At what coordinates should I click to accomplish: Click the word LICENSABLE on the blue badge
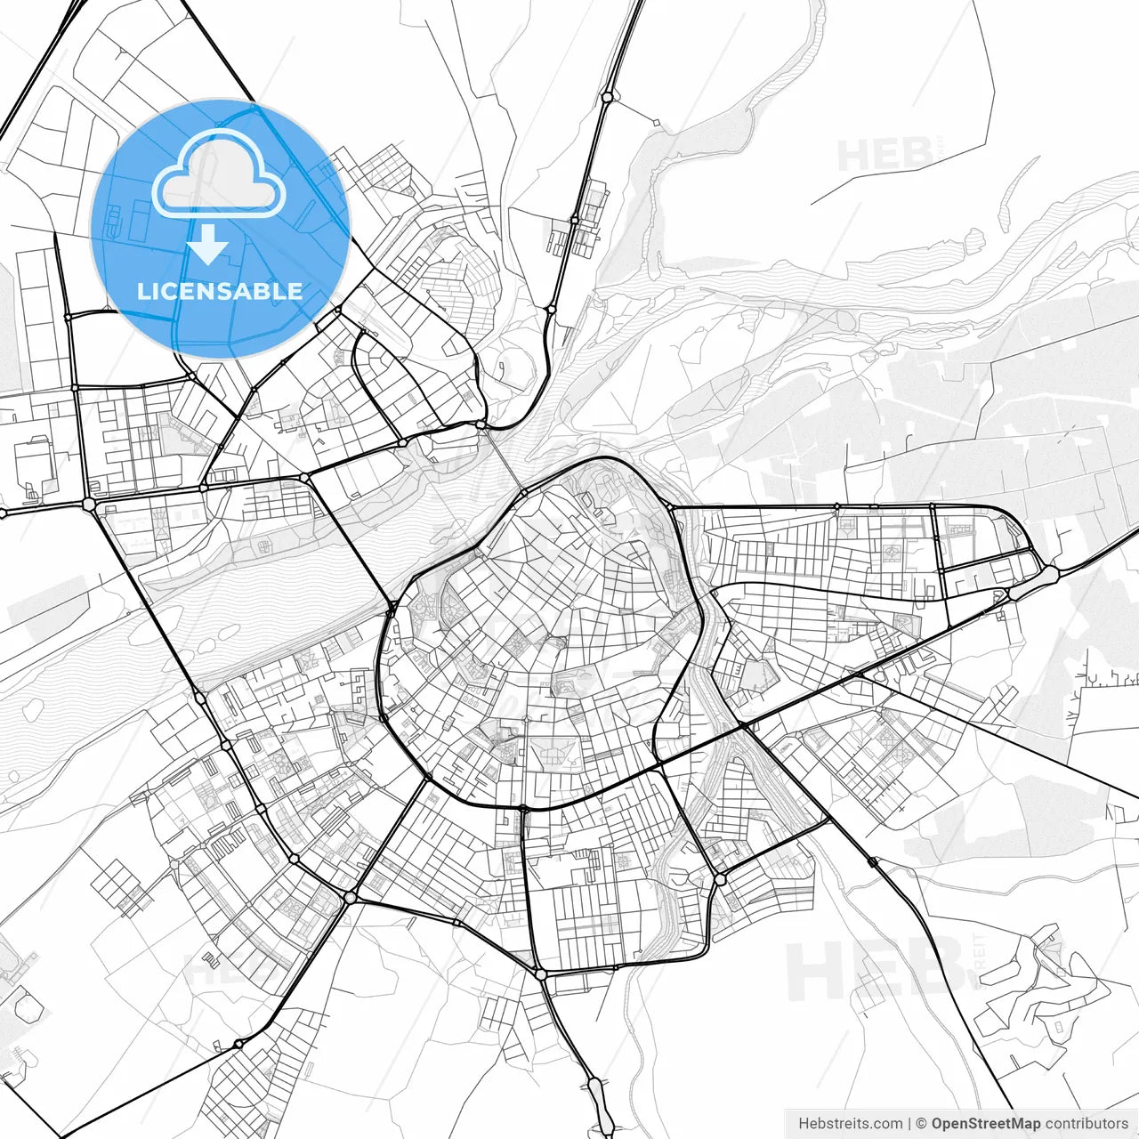pos(220,291)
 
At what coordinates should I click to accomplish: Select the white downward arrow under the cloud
pos(209,244)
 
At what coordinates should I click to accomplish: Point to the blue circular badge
pos(220,228)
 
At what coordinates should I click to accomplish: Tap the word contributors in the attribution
pos(1086,1124)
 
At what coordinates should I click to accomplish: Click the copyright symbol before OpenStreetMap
pos(922,1124)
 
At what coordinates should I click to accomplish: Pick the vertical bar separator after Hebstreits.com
pos(909,1124)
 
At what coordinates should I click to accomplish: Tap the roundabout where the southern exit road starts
pos(541,974)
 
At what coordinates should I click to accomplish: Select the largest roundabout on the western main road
pos(89,504)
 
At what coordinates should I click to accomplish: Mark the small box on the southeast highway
pos(872,861)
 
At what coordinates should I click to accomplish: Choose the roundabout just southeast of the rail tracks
pos(719,879)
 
